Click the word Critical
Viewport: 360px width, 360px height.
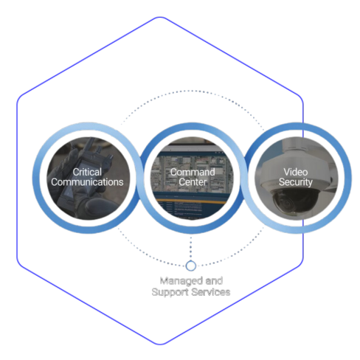coord(87,172)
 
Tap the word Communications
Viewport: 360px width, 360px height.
coord(87,182)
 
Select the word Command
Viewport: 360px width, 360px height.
coord(193,172)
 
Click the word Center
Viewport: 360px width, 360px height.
coord(193,182)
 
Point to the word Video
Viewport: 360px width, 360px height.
coord(296,172)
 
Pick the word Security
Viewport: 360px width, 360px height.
coord(296,182)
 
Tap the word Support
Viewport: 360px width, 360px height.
coord(170,293)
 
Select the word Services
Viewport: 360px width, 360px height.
coord(211,292)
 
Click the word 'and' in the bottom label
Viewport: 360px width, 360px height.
coord(214,280)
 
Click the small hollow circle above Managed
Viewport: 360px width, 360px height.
coord(191,266)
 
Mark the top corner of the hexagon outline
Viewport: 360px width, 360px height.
coord(160,17)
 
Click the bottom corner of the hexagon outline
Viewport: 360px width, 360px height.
coord(160,345)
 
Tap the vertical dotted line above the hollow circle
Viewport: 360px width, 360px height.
coord(191,248)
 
